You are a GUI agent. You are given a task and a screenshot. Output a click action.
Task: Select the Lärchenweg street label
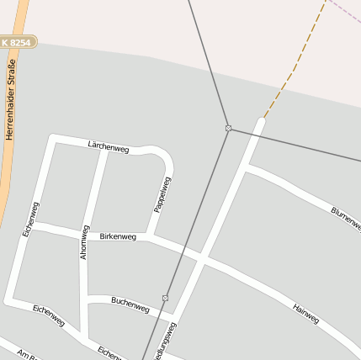point(109,147)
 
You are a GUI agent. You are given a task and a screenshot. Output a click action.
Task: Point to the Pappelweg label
point(162,193)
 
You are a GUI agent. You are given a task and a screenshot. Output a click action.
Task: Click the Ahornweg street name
point(84,242)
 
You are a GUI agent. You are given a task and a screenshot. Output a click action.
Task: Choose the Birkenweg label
point(118,236)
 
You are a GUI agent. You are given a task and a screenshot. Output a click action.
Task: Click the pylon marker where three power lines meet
point(228,128)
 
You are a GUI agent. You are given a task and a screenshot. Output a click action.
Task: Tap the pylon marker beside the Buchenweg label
point(166,298)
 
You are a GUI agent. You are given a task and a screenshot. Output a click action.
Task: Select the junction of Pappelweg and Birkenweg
point(149,236)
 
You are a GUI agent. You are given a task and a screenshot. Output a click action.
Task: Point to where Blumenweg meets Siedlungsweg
point(245,169)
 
